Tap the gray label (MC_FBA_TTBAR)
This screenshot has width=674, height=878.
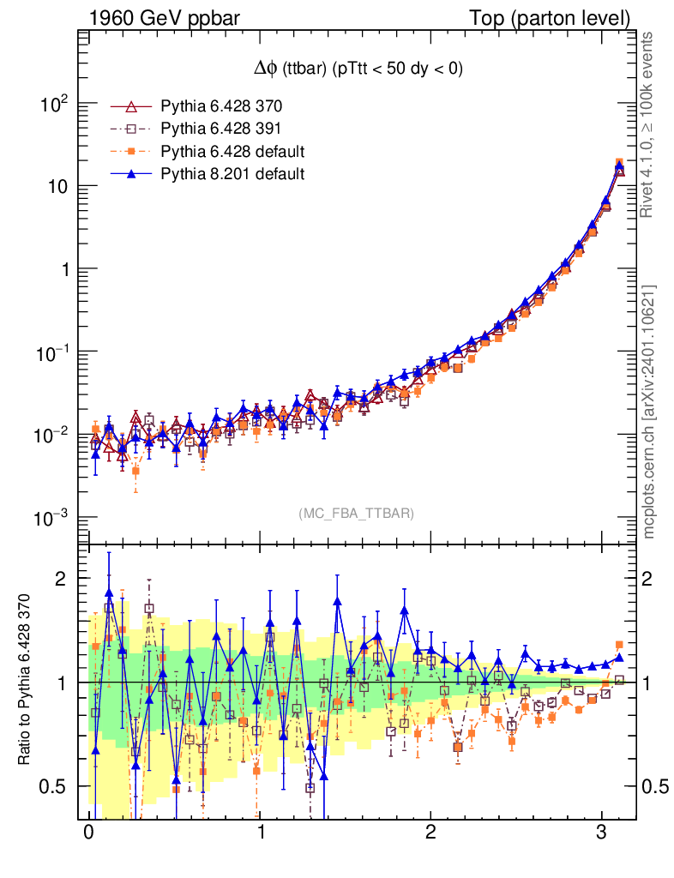357,513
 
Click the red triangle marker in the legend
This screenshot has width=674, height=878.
131,106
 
